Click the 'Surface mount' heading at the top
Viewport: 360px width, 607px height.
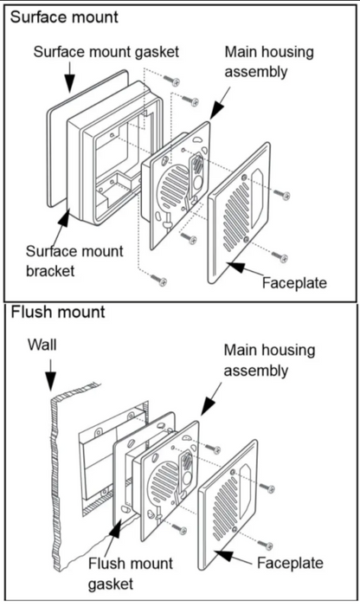point(64,17)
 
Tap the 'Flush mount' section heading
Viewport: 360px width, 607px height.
point(58,312)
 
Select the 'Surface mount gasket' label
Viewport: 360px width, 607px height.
point(106,52)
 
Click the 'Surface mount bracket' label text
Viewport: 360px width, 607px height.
point(74,261)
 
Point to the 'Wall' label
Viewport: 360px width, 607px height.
point(42,345)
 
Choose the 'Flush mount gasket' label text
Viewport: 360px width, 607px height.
point(131,573)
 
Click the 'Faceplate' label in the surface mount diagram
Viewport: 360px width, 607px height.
point(294,282)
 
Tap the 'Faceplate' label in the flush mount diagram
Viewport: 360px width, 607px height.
point(290,563)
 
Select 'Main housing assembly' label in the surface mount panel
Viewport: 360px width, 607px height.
point(269,62)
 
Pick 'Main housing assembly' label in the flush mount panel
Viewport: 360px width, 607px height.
point(269,360)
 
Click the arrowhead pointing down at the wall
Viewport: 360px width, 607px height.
point(50,380)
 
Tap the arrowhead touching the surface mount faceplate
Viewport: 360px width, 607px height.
point(235,267)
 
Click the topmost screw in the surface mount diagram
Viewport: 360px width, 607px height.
point(171,81)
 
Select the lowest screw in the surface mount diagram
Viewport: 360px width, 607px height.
point(158,280)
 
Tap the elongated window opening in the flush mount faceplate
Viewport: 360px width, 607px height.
point(245,492)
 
